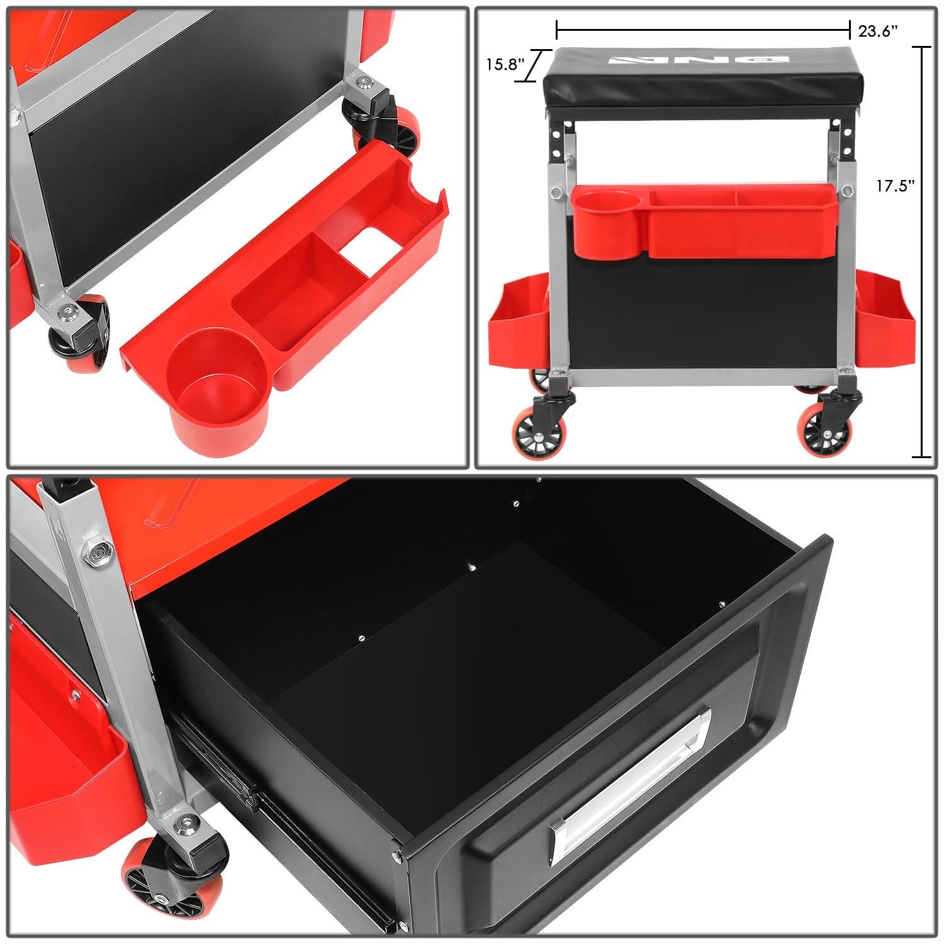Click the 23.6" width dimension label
point(878,31)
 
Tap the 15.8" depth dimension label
point(505,64)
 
